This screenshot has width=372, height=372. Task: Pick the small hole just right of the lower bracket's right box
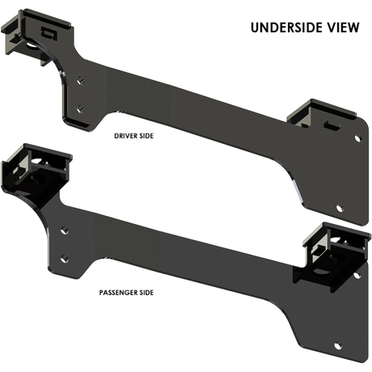click(353, 279)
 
